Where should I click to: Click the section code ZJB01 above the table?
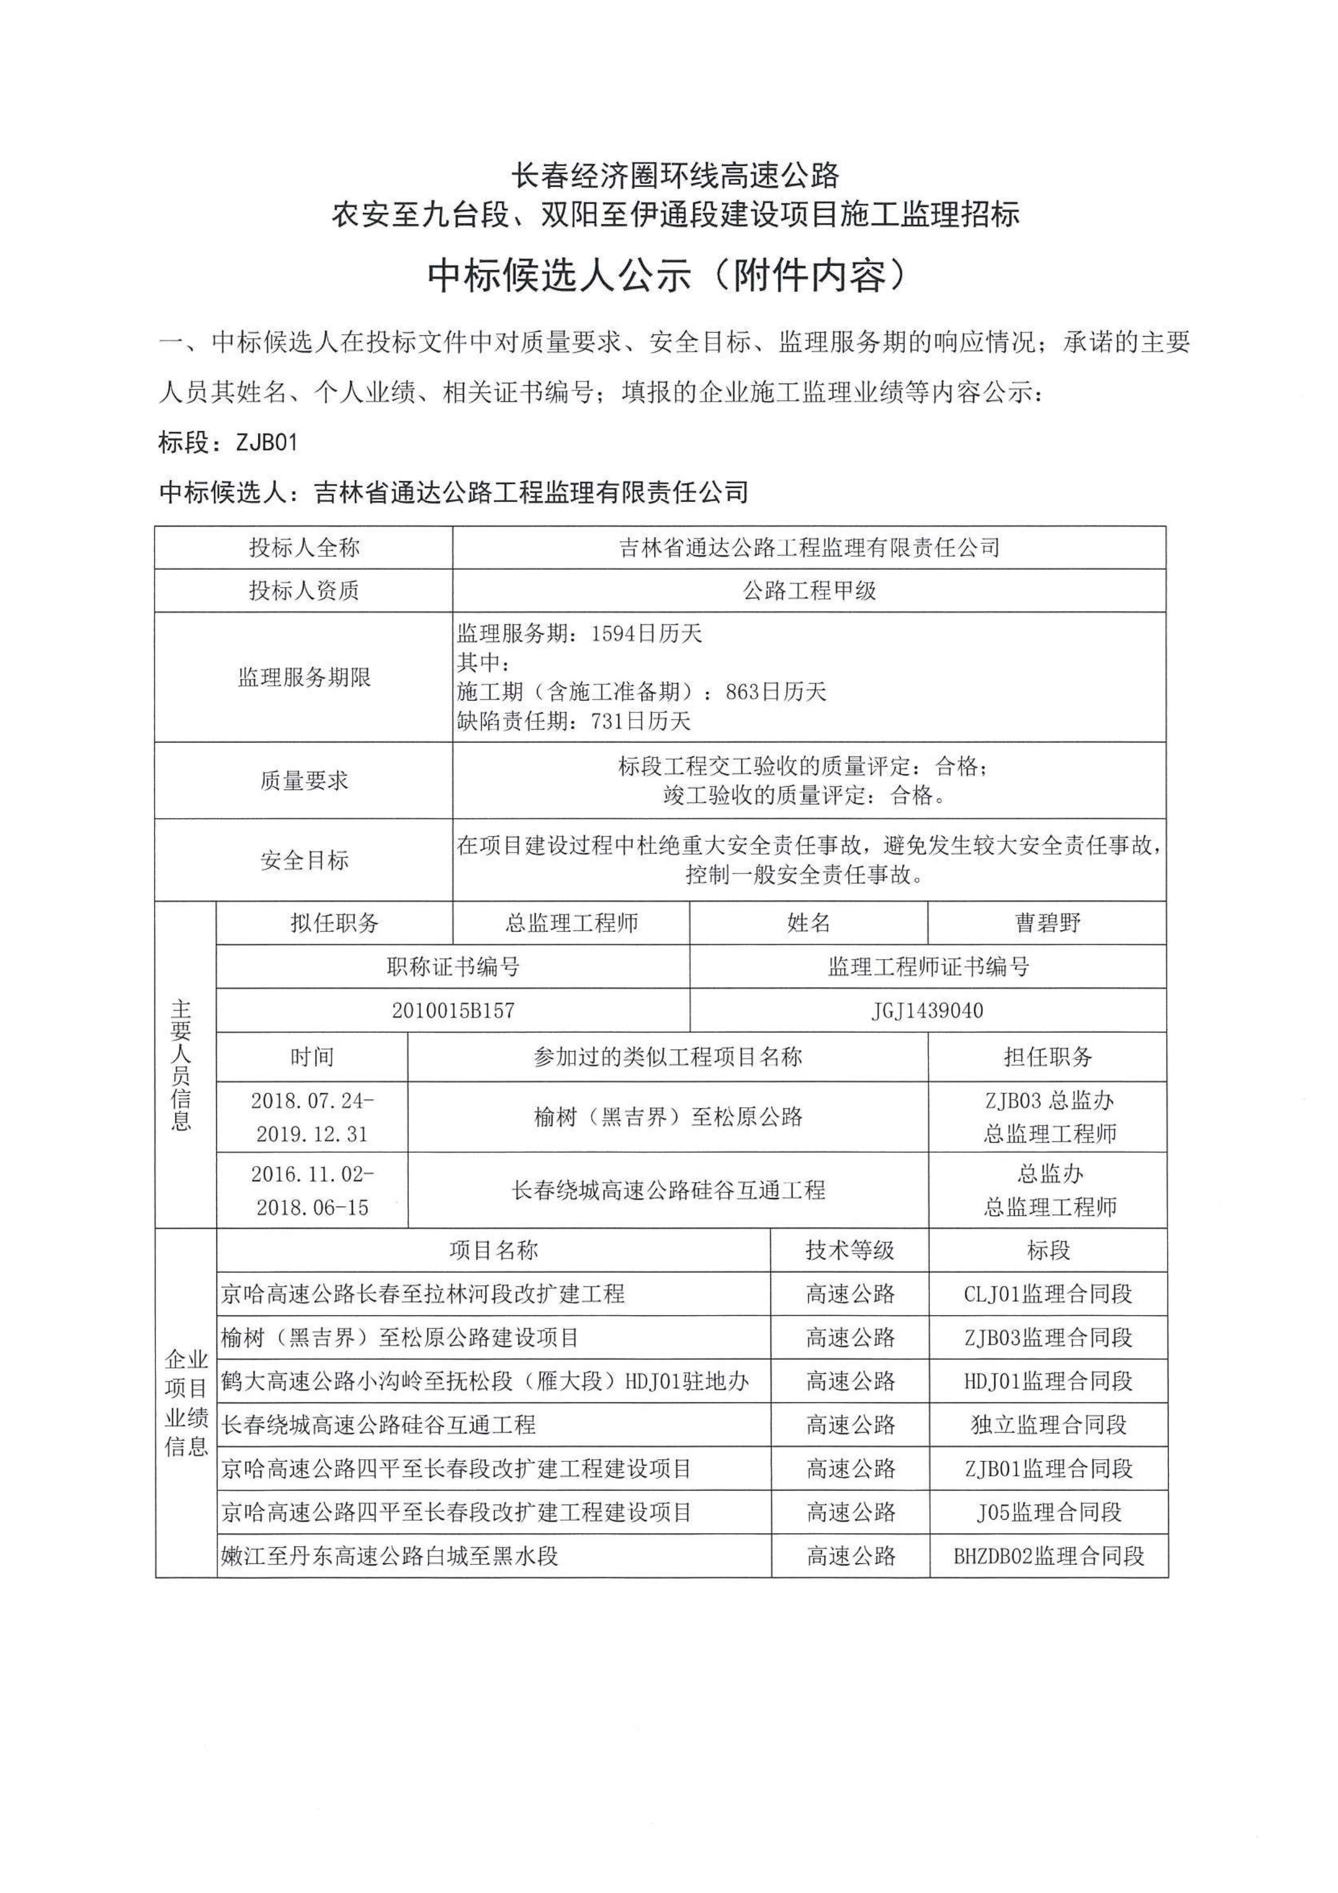click(267, 442)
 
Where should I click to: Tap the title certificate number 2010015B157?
click(453, 1010)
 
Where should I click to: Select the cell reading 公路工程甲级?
click(809, 590)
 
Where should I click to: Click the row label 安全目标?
click(304, 860)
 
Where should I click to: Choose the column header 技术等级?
click(849, 1250)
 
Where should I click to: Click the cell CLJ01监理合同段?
click(1047, 1293)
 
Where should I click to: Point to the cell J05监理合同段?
click(1047, 1511)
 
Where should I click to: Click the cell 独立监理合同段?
click(1047, 1424)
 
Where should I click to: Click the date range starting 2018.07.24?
click(312, 1116)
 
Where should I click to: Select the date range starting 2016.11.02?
click(312, 1190)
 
